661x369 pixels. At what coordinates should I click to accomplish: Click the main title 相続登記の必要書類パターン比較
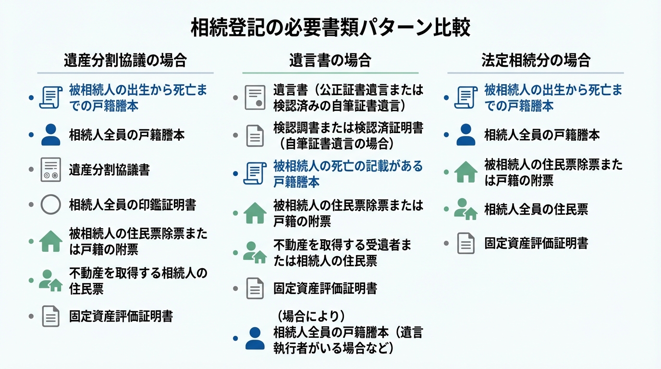330,28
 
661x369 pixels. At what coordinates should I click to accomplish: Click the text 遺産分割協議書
109,170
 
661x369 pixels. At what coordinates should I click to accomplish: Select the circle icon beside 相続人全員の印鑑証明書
50,205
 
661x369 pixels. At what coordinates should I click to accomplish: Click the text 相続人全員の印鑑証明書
132,205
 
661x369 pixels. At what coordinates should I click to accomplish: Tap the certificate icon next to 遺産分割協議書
50,170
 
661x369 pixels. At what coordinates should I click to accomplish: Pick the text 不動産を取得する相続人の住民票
138,281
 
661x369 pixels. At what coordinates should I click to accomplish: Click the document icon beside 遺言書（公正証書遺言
255,98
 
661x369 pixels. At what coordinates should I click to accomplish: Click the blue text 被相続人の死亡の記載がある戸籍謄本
348,174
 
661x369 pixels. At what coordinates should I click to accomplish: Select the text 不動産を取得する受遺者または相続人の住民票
342,253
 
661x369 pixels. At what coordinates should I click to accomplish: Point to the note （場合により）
311,316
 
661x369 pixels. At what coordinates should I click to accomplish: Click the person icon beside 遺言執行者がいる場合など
255,338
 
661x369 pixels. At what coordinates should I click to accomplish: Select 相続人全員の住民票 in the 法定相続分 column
536,209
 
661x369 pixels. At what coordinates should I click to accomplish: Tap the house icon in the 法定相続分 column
465,172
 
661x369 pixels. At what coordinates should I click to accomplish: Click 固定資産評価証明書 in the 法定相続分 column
536,243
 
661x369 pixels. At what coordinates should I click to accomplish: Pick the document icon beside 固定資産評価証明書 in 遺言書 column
255,288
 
